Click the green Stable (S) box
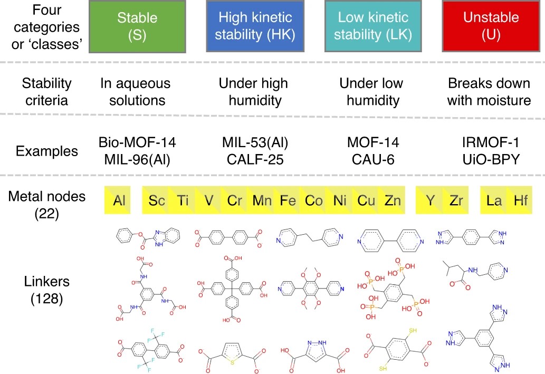point(137,26)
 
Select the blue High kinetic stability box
point(255,26)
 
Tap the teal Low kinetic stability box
point(372,26)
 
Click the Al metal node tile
point(120,200)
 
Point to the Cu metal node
point(366,200)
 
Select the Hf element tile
point(520,200)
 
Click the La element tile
point(494,200)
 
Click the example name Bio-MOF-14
point(137,143)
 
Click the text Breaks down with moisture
point(489,92)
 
